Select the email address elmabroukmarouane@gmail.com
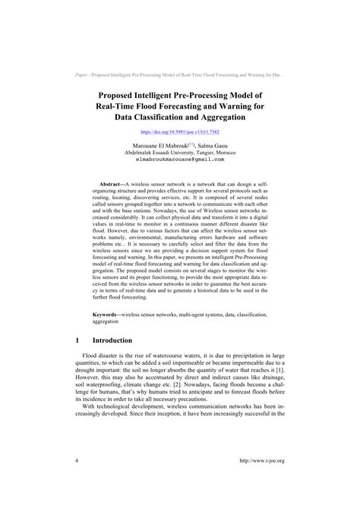pos(180,160)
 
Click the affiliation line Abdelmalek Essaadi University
pos(180,152)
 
